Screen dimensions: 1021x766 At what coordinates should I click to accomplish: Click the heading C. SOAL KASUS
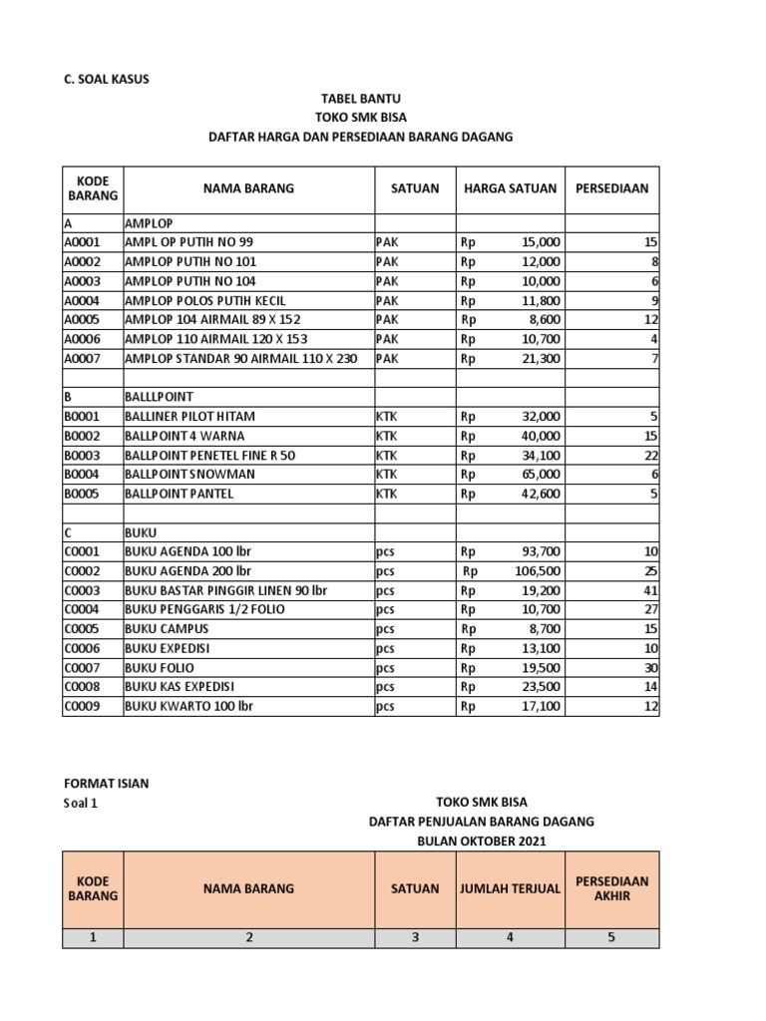[x=106, y=79]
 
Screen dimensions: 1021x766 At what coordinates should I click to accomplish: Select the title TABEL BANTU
[x=360, y=99]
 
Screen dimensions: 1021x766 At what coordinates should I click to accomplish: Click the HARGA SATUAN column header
[x=510, y=188]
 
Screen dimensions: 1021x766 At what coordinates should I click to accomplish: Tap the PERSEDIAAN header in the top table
[x=611, y=188]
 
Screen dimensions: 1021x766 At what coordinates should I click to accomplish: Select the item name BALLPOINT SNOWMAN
[x=190, y=474]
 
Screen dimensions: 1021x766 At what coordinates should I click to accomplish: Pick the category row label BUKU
[x=141, y=532]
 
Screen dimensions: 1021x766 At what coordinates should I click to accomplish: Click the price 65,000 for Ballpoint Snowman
[x=541, y=474]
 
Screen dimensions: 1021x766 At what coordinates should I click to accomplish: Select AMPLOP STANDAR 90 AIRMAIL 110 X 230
[x=240, y=358]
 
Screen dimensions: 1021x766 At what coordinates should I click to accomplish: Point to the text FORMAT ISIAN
[x=106, y=784]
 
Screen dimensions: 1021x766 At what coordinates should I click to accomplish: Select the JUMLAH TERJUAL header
[x=510, y=888]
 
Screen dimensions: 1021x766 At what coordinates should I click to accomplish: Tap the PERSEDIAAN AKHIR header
[x=611, y=888]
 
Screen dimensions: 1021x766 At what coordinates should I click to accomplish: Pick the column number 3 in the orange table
[x=415, y=937]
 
